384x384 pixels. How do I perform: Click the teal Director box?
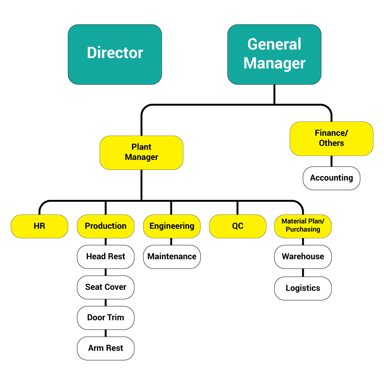point(115,54)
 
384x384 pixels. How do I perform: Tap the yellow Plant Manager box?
point(141,153)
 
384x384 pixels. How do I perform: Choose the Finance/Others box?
point(331,138)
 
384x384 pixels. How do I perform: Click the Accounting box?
point(331,178)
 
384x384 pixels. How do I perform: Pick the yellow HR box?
point(39,226)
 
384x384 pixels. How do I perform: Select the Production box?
point(105,226)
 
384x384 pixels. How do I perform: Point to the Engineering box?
point(172,226)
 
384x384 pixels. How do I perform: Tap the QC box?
point(238,226)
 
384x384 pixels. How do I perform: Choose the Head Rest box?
point(105,257)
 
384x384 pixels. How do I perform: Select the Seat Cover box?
point(105,287)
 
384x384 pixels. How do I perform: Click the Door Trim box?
point(105,318)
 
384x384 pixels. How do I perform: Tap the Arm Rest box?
point(105,348)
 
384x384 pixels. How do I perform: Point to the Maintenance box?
point(172,257)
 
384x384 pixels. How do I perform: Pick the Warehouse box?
point(303,257)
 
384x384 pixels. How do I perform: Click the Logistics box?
point(303,288)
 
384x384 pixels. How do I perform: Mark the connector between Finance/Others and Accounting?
point(331,161)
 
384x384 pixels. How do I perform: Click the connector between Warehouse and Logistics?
point(303,273)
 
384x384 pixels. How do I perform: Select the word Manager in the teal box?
point(274,63)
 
